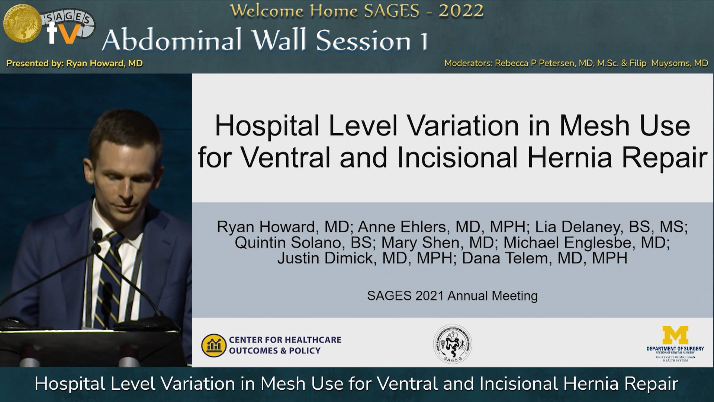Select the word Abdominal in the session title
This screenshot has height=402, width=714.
171,40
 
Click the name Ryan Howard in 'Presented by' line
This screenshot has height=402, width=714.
104,63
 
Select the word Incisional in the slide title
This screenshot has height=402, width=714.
457,157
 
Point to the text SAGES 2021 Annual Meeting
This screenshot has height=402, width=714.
452,296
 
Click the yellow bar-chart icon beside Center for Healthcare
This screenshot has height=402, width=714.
214,345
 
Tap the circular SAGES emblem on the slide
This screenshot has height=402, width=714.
453,344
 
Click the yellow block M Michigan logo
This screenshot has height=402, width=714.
675,335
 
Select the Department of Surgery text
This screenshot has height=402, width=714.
675,349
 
